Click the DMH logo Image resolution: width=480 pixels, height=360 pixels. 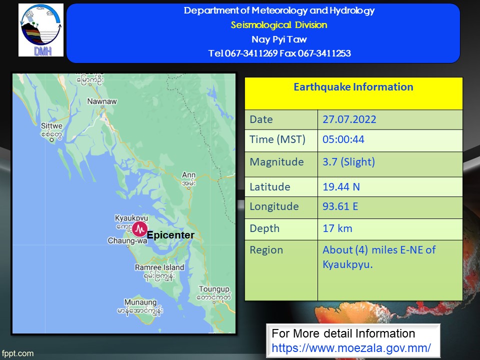(41, 30)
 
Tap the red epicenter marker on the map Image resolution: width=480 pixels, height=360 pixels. (139, 229)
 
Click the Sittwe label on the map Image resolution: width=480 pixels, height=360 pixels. (51, 126)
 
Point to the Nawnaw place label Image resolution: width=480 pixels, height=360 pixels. (102, 101)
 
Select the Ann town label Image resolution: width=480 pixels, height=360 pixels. (188, 175)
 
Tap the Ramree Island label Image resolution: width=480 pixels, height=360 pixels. (159, 267)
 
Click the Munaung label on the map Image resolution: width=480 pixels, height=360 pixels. (140, 302)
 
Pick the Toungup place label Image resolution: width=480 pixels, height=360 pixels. (214, 289)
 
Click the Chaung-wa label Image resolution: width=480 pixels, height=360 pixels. (127, 240)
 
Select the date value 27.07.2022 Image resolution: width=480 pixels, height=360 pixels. (349, 119)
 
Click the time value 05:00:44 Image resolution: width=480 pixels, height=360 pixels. (343, 139)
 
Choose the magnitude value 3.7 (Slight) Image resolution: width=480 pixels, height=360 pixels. (348, 162)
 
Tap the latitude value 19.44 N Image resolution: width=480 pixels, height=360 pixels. (341, 186)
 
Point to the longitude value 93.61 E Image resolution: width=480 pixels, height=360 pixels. (340, 206)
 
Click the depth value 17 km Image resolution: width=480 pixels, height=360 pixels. (337, 228)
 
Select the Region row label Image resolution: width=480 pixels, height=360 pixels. (266, 250)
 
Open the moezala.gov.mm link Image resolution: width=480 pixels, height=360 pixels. (351, 348)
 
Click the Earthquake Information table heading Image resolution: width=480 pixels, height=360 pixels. (353, 87)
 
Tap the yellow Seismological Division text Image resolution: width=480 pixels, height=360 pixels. (279, 25)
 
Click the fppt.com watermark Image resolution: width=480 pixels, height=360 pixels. (17, 353)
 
